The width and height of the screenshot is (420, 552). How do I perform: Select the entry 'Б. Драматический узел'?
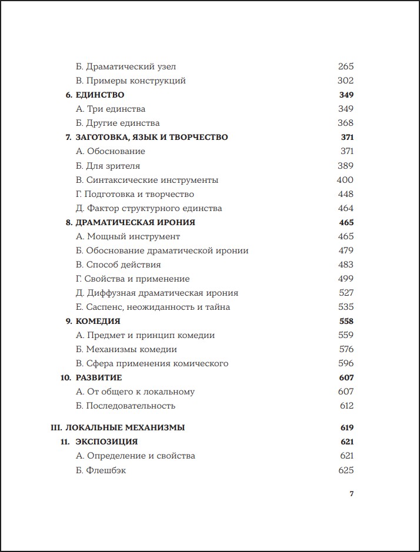click(126, 66)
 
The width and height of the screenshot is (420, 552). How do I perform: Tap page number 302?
click(346, 81)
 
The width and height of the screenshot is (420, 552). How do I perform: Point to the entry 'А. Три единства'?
click(111, 109)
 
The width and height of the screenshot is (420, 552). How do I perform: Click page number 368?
click(346, 123)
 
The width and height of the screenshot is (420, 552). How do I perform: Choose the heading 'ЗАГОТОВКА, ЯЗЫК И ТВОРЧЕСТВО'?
click(151, 137)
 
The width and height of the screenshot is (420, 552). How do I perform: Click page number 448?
click(346, 194)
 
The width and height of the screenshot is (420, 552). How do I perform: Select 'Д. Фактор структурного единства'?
click(149, 208)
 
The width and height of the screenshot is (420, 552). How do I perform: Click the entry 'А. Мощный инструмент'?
click(128, 236)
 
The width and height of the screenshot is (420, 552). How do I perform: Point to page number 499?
click(346, 279)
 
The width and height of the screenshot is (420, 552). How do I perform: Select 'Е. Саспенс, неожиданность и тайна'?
click(153, 307)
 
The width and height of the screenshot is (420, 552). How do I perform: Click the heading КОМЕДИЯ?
click(98, 321)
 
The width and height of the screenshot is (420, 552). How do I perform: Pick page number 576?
click(346, 349)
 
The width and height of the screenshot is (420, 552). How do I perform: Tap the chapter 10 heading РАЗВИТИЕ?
click(98, 377)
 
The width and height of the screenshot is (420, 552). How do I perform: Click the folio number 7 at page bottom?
click(351, 494)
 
